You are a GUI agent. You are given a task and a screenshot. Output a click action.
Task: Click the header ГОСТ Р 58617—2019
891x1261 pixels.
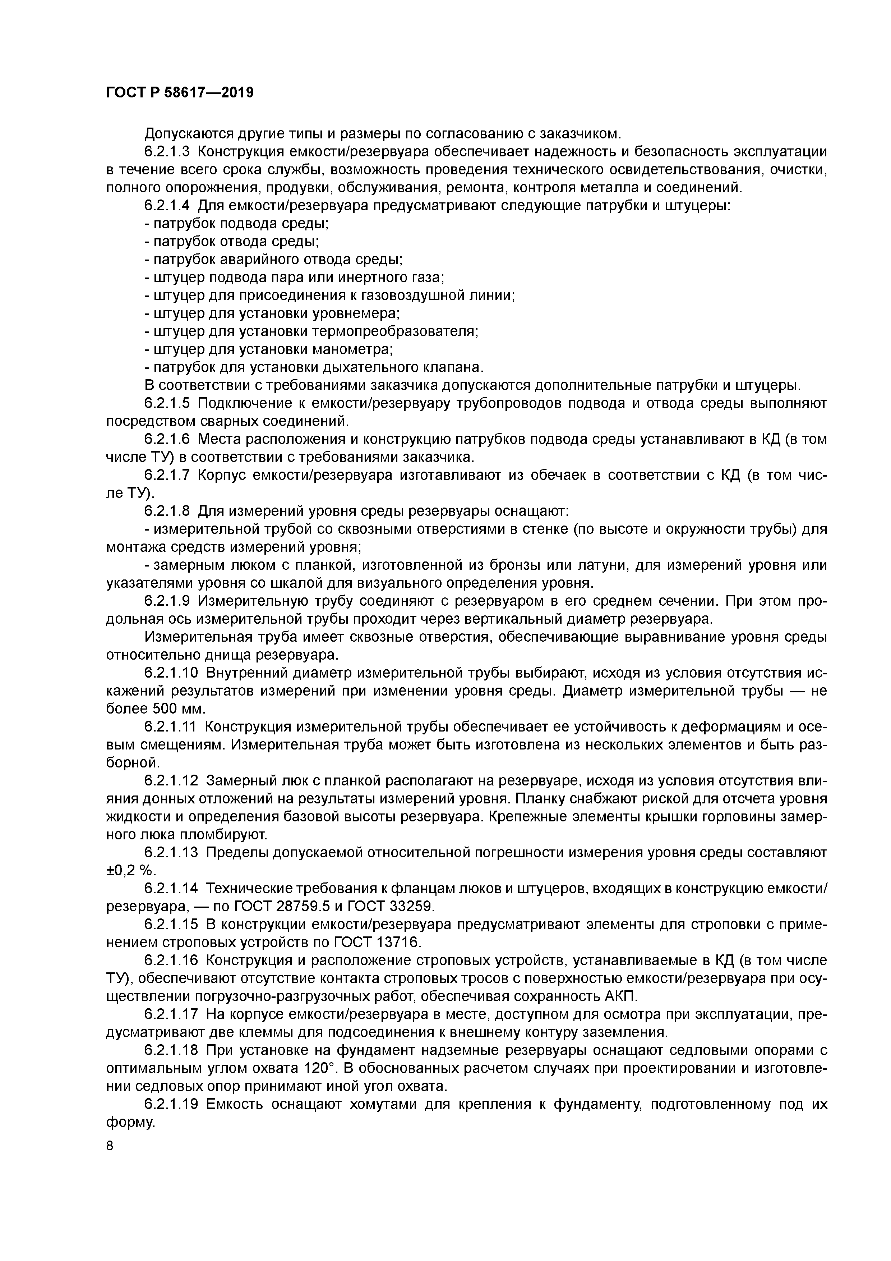tap(180, 93)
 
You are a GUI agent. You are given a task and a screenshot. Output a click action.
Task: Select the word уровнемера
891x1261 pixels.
tap(356, 313)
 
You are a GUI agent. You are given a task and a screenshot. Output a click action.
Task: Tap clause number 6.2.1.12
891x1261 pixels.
tap(171, 780)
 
